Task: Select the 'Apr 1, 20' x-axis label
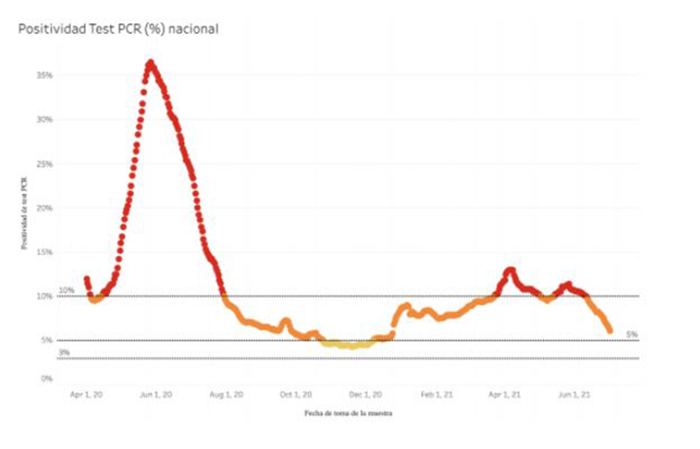pyautogui.click(x=87, y=394)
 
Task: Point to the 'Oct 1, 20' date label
pyautogui.click(x=296, y=394)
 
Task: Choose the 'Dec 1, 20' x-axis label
pyautogui.click(x=365, y=394)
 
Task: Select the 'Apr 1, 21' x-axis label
pyautogui.click(x=505, y=394)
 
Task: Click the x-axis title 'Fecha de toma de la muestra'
pyautogui.click(x=347, y=414)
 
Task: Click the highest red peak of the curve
pyautogui.click(x=150, y=62)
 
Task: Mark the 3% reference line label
pyautogui.click(x=64, y=353)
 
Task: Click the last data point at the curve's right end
pyautogui.click(x=610, y=330)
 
